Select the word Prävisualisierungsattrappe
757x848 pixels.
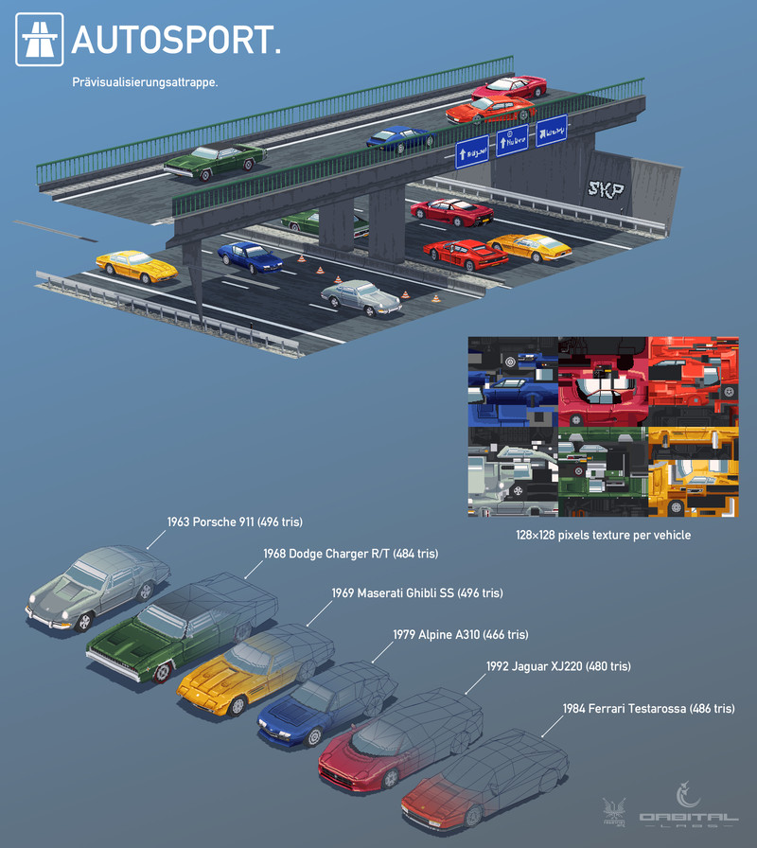(146, 82)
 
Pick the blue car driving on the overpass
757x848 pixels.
(398, 138)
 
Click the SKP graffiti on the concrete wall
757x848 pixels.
(606, 190)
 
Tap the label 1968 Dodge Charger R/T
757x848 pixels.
(350, 554)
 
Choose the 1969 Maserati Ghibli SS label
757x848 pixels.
(416, 593)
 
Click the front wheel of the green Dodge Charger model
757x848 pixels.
(167, 675)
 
